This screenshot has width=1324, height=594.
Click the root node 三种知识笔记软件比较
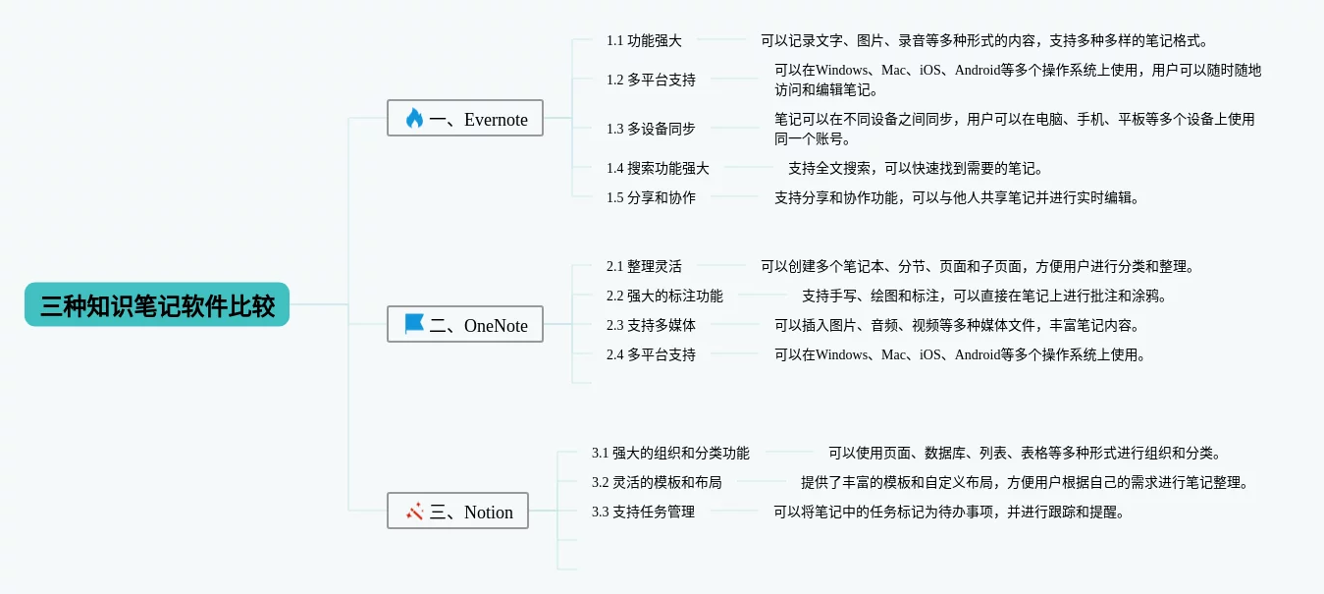pos(157,305)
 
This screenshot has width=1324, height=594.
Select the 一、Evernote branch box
pos(465,119)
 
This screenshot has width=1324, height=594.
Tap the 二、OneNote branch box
pos(465,325)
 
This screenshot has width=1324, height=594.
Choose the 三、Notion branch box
pos(457,512)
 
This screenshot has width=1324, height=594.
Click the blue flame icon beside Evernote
pos(414,119)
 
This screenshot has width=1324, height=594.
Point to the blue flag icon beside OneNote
pos(414,324)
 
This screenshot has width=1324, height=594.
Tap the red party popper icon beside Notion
pos(414,512)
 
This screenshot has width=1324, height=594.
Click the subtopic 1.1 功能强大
pos(644,40)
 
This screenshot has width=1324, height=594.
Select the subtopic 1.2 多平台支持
pos(651,80)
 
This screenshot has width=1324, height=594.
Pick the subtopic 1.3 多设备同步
pos(651,129)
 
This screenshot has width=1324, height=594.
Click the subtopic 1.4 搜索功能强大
pos(658,168)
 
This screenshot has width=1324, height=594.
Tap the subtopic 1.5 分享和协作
pos(651,197)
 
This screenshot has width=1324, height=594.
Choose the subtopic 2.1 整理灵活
pos(644,266)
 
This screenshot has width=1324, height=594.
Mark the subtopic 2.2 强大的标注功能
pos(664,296)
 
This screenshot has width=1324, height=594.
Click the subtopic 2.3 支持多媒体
pos(651,325)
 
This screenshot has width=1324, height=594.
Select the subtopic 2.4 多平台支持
pos(651,354)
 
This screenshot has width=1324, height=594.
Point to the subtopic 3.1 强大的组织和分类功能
pos(670,453)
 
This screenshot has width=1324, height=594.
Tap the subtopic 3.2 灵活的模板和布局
pos(657,482)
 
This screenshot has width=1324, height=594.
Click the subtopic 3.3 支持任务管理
pos(643,512)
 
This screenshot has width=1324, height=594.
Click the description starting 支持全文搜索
pos(915,168)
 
